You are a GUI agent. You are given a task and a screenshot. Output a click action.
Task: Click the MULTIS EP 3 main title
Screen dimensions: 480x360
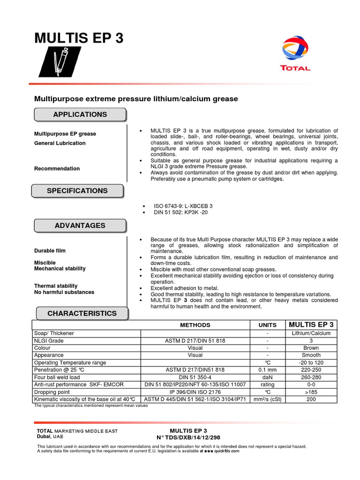(79, 38)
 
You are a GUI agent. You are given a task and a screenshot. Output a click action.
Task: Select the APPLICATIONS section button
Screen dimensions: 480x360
(80, 114)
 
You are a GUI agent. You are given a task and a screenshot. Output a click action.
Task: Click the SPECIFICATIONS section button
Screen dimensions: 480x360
(77, 191)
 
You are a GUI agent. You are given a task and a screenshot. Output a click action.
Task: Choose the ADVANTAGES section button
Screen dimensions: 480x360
(80, 225)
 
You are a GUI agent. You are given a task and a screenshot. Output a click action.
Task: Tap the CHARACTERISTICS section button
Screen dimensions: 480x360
(82, 313)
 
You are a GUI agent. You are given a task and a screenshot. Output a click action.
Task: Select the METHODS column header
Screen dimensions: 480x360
(195, 325)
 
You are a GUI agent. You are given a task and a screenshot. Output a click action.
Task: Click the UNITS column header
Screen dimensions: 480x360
(267, 325)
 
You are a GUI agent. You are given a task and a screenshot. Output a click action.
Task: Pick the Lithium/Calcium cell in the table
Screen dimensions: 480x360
(311, 333)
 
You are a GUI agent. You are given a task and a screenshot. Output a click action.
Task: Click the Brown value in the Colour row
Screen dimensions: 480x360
(311, 348)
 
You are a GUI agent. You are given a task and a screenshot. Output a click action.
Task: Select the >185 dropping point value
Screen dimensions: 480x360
(311, 392)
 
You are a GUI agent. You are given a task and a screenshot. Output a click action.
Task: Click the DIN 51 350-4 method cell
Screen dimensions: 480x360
(195, 377)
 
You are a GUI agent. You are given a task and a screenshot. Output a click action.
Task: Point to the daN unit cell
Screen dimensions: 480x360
(267, 377)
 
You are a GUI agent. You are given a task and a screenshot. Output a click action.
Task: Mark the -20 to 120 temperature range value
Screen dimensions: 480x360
(311, 362)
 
